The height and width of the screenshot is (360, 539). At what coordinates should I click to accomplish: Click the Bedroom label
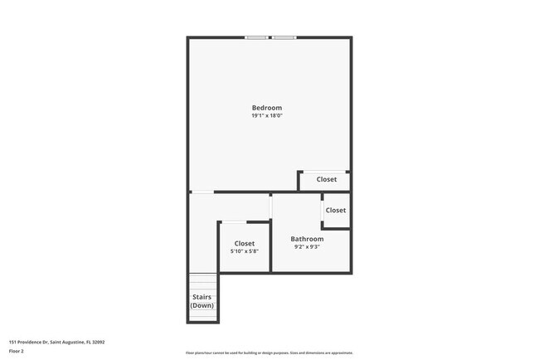pos(267,108)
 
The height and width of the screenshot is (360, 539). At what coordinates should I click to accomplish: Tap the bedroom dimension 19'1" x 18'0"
pos(267,116)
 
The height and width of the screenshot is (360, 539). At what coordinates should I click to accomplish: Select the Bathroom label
pos(307,239)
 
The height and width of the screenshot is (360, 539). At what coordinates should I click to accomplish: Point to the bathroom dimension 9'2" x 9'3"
pos(307,246)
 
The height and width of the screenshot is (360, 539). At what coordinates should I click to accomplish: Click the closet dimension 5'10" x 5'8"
pos(244,251)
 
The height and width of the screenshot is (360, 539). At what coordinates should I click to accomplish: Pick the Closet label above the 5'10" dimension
pos(244,243)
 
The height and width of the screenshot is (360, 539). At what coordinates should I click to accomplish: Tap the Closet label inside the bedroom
pos(326,179)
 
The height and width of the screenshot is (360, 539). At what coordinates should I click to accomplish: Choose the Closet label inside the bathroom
pos(336,211)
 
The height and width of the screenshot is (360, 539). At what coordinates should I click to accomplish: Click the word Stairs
pos(202,297)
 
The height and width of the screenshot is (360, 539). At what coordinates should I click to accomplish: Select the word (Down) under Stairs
pos(202,305)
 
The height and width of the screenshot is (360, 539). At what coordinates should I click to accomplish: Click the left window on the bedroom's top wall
pos(255,37)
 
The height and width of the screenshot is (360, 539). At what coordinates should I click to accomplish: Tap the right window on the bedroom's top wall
pos(284,37)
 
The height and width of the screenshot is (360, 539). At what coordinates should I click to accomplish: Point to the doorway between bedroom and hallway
pos(202,192)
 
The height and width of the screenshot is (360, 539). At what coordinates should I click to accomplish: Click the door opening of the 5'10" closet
pos(233,221)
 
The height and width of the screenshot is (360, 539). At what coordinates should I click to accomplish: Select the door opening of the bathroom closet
pos(323,211)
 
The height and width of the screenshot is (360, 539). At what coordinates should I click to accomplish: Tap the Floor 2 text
pos(17,351)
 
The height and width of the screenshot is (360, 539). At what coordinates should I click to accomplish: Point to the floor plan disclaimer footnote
pos(269,353)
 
